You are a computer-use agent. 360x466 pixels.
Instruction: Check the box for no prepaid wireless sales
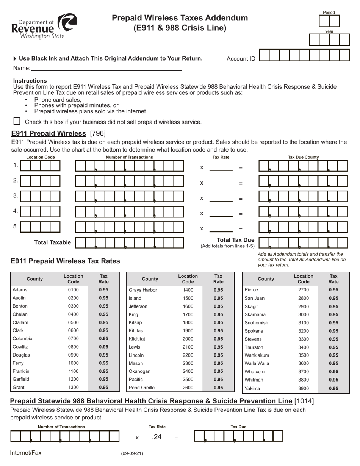tap(17, 121)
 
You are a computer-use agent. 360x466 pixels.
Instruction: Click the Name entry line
tap(106, 68)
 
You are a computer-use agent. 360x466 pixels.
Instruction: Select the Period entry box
tap(329, 21)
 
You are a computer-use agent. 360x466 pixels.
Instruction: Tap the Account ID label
tap(241, 59)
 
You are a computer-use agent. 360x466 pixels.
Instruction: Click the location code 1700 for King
tap(187, 314)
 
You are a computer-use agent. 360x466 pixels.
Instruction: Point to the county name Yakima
tap(252, 388)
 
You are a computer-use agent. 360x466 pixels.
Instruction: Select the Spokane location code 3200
tap(304, 331)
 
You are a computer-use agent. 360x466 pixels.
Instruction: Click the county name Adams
tap(20, 290)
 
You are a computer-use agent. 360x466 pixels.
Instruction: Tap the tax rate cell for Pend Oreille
tap(218, 388)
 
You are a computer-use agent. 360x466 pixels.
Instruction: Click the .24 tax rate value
tap(157, 437)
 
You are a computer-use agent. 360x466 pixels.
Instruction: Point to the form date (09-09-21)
tap(132, 453)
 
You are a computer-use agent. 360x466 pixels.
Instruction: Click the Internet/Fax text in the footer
tap(26, 453)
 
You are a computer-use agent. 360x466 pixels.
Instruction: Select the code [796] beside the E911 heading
tap(98, 133)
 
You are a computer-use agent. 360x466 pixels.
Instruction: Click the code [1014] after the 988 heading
tap(304, 401)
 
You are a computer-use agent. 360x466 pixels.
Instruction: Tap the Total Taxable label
tap(52, 242)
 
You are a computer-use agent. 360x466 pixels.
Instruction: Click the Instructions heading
tap(30, 81)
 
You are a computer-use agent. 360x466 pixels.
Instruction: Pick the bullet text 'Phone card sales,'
tap(58, 100)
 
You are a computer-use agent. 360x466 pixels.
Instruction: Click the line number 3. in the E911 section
tap(16, 195)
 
